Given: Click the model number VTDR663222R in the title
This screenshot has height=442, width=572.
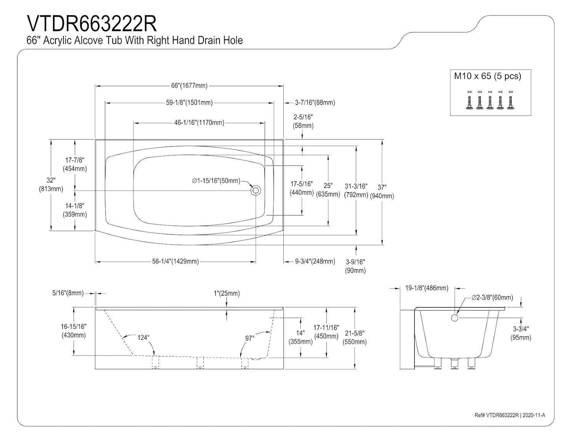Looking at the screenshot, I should (x=92, y=24).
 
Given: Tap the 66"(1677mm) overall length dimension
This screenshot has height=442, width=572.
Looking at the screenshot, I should (x=189, y=86).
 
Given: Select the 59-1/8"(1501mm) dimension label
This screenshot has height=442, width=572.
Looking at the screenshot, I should (x=189, y=103).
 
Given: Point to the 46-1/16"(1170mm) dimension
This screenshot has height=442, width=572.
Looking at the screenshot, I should (x=199, y=123).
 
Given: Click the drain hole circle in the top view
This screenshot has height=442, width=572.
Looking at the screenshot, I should (x=255, y=190).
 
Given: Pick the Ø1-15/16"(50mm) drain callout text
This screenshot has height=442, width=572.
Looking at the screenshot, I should (x=216, y=181).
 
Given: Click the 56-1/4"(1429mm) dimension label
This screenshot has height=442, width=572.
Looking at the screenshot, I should (x=175, y=262).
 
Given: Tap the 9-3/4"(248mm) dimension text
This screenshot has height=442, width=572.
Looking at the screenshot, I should (x=315, y=262).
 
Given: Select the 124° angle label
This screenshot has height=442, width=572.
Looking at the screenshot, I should (x=143, y=338).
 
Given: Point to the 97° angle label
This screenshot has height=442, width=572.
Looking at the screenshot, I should (x=250, y=338).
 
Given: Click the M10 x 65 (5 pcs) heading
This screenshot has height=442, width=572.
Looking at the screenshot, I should (x=487, y=76).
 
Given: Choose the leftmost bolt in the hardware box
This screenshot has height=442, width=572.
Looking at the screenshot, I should (x=469, y=101).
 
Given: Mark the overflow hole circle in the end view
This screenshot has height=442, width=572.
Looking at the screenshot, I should (x=454, y=317).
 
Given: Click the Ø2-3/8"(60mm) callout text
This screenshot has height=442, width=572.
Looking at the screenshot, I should (x=492, y=297).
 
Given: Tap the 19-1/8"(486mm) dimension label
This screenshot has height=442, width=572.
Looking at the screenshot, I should (x=427, y=288).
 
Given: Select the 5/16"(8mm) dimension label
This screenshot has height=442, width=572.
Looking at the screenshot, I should (x=68, y=293).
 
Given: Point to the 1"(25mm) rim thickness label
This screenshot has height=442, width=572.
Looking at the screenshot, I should (x=227, y=293).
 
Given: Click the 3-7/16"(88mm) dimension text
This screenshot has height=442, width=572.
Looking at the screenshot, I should (x=315, y=103).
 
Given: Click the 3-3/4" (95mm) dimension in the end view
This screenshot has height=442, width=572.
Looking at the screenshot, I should (x=521, y=333).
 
